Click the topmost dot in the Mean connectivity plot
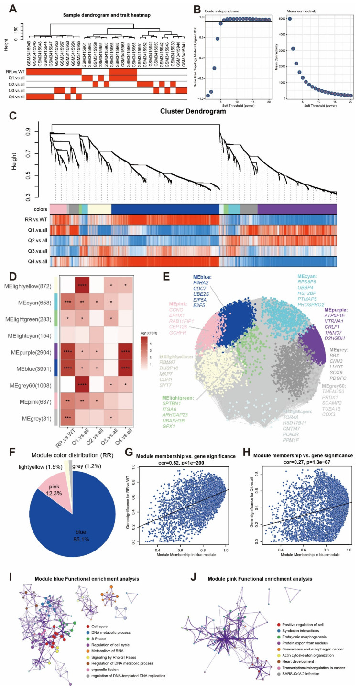pyautogui.click(x=290, y=19)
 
